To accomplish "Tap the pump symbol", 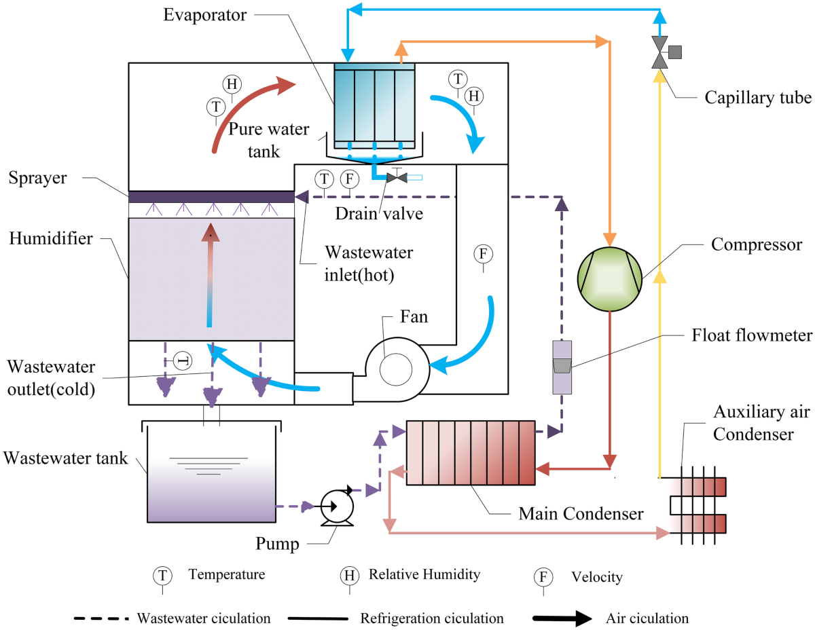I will click(336, 507).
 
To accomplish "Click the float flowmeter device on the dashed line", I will click(562, 367).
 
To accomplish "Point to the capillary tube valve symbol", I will click(659, 52).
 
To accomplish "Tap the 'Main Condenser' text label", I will click(581, 514).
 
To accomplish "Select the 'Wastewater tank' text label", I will click(65, 458).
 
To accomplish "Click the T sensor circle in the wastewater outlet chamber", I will click(182, 360).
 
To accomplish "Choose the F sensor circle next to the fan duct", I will click(483, 254).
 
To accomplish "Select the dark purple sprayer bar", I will click(211, 196).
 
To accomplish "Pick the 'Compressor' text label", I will click(757, 244).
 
